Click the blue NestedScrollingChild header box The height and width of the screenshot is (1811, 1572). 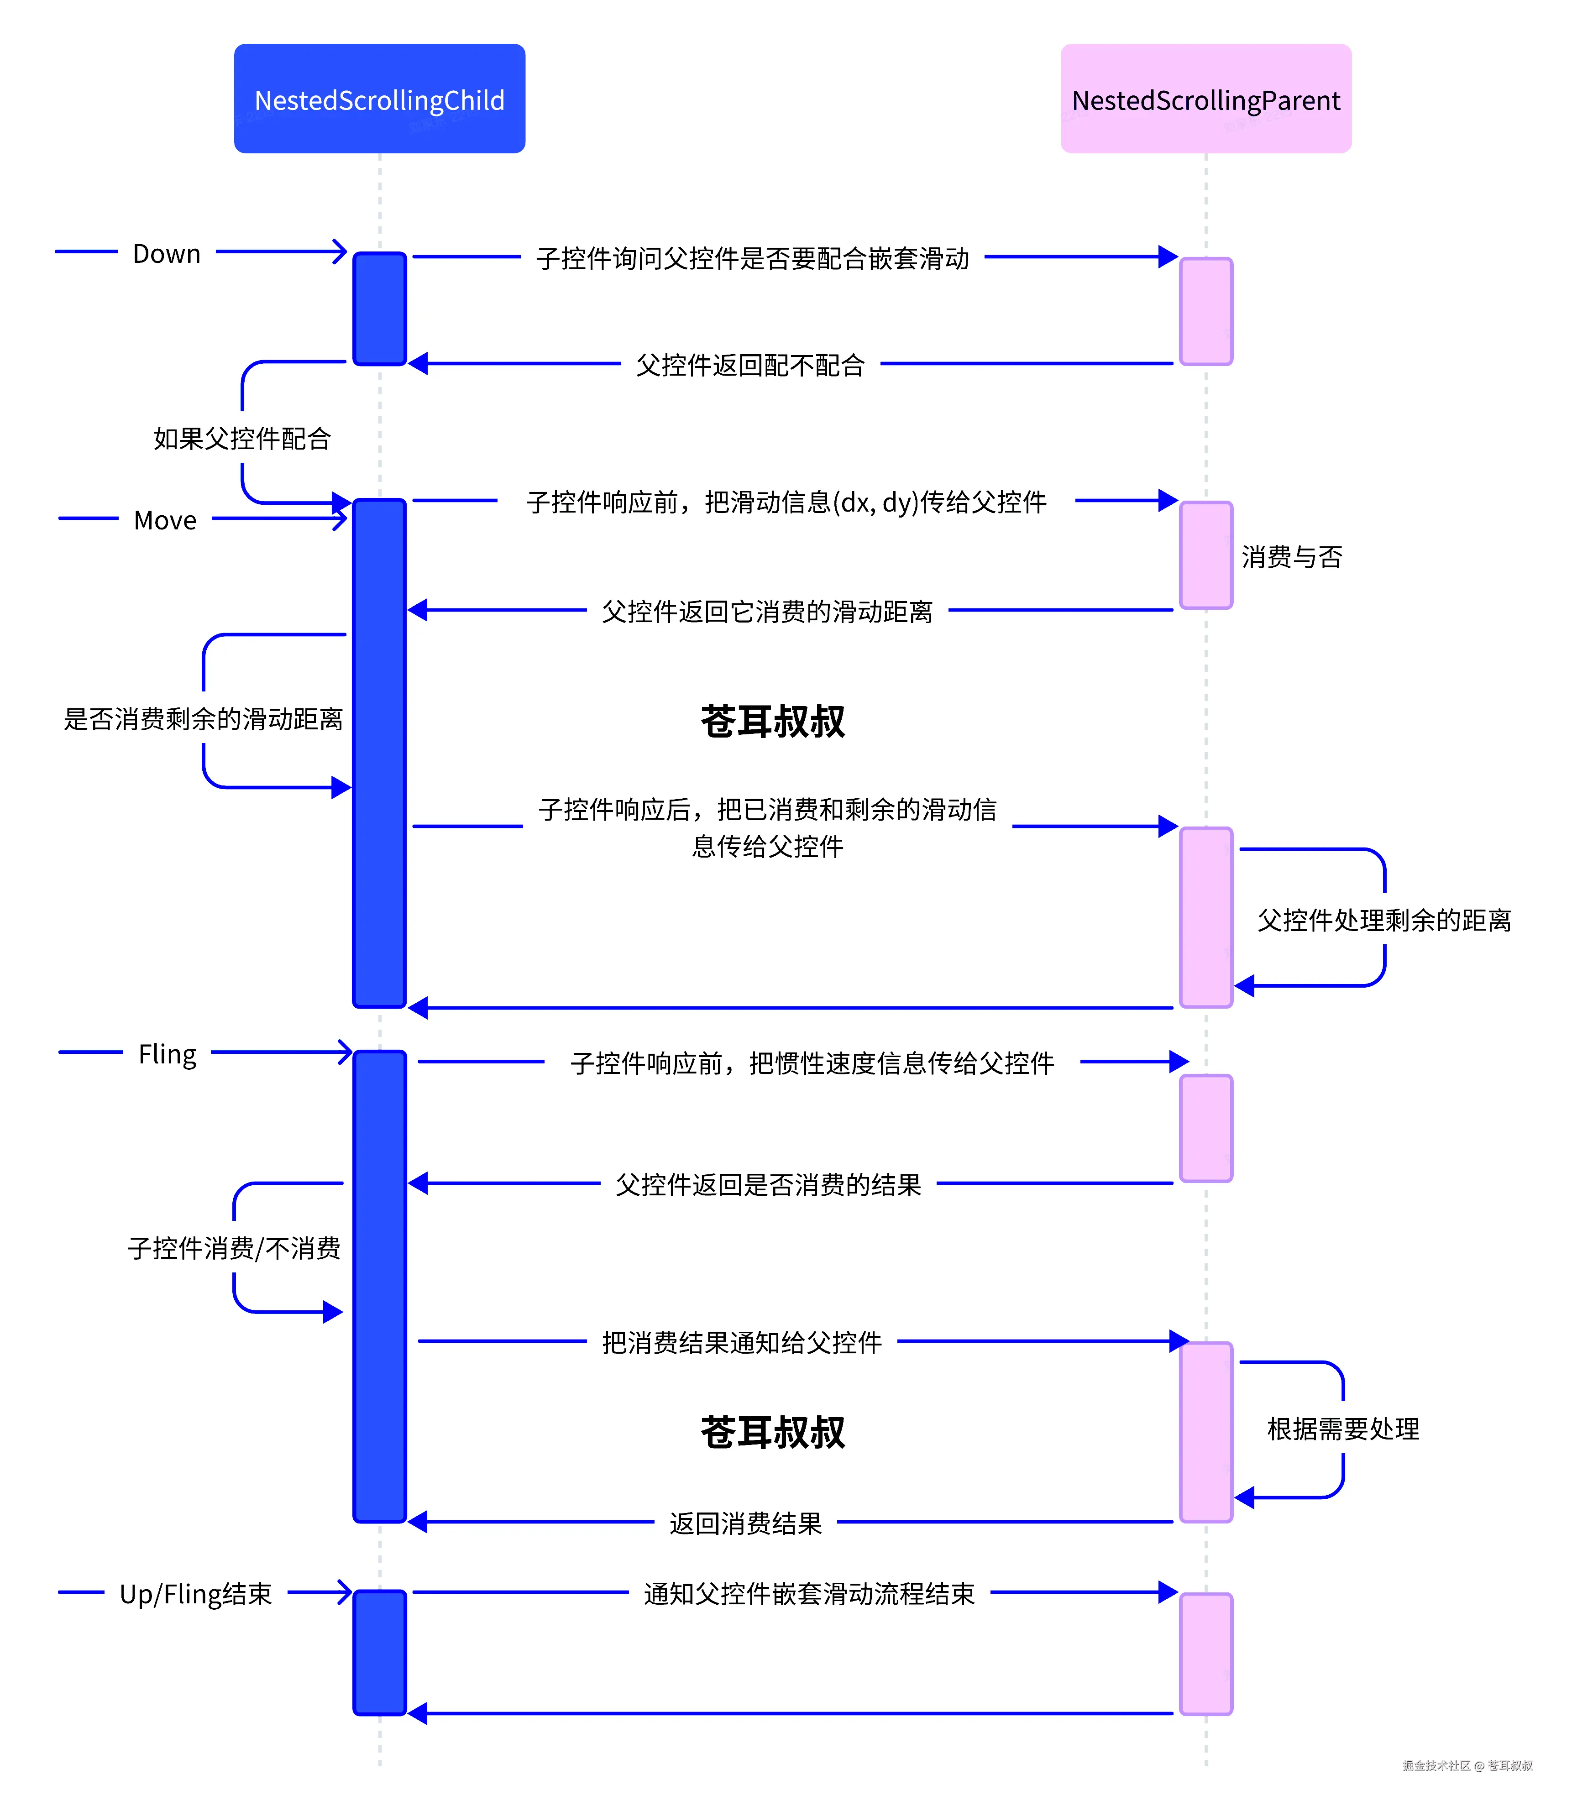[379, 99]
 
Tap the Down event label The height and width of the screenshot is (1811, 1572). [167, 253]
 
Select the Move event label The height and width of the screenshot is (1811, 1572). [165, 520]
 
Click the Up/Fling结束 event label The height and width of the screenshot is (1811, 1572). [196, 1593]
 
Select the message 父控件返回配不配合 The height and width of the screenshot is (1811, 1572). [750, 365]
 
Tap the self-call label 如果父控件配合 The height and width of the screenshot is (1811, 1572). [242, 439]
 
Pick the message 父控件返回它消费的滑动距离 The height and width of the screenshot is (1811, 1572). [767, 611]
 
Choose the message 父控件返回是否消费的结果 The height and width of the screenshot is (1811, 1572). [768, 1185]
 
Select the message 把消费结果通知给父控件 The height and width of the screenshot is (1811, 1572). [741, 1343]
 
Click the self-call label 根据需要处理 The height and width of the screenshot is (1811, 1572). [1342, 1429]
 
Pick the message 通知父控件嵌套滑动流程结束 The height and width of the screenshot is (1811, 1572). [809, 1593]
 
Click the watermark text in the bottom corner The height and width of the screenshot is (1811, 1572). [1467, 1765]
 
